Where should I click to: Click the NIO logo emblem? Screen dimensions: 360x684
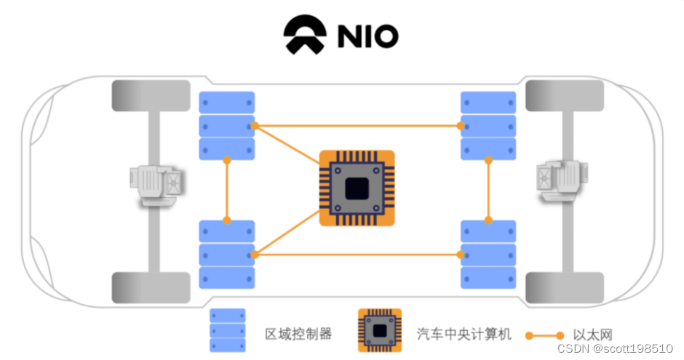pos(307,36)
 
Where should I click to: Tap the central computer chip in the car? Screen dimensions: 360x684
pos(357,188)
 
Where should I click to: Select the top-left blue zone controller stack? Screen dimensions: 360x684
pos(227,126)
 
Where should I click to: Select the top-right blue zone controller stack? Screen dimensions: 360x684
pos(489,126)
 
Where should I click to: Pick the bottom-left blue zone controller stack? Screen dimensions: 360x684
pos(227,255)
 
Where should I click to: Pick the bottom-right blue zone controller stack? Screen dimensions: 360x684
pos(489,255)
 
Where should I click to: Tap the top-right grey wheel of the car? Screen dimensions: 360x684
pos(565,96)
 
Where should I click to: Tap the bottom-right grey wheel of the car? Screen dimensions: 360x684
pos(565,287)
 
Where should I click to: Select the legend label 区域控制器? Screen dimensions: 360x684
pos(298,335)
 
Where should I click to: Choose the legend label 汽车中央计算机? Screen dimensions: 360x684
pos(464,335)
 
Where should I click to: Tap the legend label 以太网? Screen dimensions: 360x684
pos(592,335)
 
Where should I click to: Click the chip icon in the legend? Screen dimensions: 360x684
pos(379,330)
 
